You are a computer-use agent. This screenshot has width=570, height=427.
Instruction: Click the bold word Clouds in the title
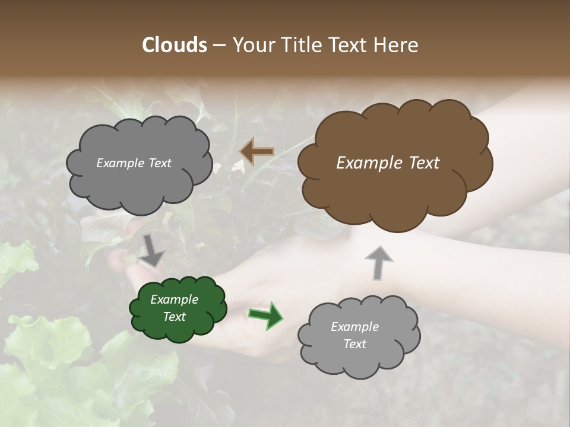point(174,45)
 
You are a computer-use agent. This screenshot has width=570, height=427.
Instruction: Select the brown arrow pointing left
point(256,151)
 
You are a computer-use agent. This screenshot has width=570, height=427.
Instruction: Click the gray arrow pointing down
point(152,251)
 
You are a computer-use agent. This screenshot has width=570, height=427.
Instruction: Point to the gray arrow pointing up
point(378,262)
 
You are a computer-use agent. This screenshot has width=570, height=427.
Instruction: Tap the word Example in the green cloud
point(174,299)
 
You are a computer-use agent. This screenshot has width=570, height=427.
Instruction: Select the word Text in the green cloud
point(174,317)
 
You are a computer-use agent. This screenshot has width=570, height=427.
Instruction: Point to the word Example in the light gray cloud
point(354,327)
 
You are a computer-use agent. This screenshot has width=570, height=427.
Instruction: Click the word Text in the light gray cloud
point(354,344)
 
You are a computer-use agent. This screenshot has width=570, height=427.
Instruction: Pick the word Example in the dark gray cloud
point(121,163)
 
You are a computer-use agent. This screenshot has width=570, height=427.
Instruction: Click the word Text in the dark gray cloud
point(160,163)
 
